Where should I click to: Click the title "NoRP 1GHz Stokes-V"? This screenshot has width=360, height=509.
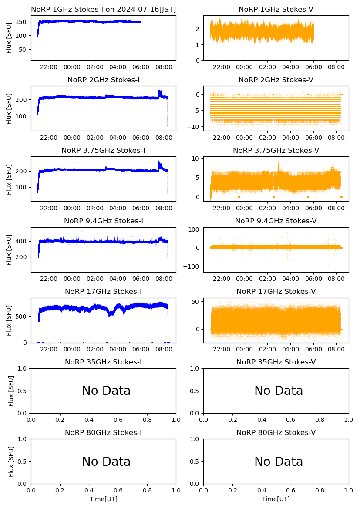276,9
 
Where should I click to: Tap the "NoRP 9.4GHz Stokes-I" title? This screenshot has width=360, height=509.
103,221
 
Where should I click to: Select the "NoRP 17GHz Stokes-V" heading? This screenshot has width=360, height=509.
276,291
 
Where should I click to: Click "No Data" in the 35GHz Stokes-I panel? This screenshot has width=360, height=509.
106,391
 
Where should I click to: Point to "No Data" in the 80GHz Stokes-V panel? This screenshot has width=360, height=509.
279,462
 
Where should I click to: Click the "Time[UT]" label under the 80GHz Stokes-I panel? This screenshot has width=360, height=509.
103,499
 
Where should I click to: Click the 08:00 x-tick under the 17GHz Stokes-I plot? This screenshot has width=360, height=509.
164,349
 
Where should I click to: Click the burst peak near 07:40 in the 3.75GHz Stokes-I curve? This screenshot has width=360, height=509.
159,162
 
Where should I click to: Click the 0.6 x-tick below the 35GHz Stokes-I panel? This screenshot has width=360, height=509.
118,420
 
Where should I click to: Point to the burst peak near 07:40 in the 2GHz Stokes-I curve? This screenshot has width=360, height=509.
160,91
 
